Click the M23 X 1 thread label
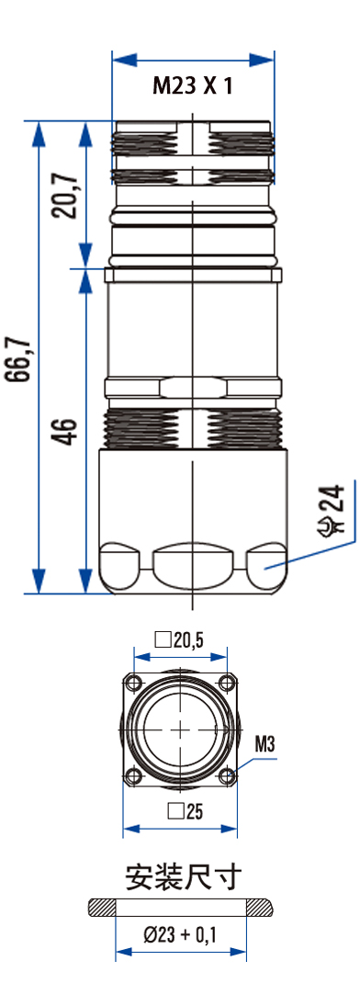coord(193,85)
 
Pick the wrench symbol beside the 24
coord(333,525)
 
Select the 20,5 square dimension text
coord(180,639)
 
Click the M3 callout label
coord(265,744)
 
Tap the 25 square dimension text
coord(185,812)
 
